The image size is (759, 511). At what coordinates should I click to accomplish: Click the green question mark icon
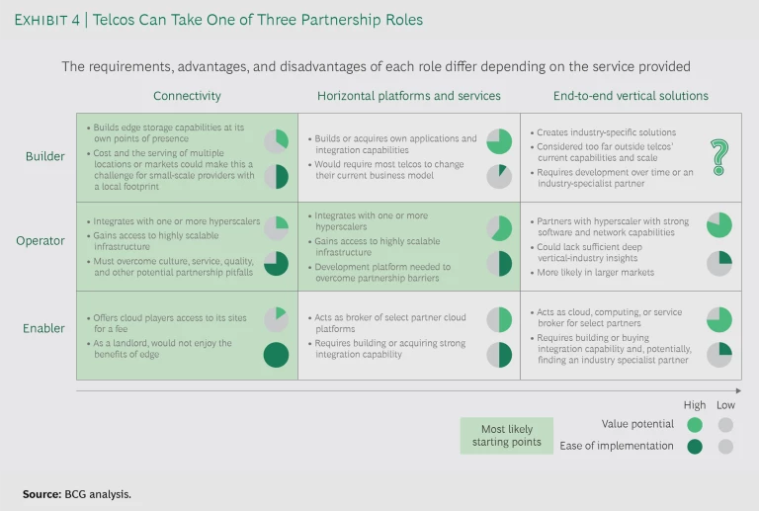pyautogui.click(x=718, y=156)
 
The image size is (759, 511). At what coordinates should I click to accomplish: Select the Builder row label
pyautogui.click(x=45, y=156)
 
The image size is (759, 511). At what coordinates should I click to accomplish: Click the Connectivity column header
pyautogui.click(x=187, y=96)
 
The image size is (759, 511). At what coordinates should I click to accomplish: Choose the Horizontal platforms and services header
pyautogui.click(x=408, y=96)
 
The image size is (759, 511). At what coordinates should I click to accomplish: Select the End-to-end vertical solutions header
pyautogui.click(x=630, y=96)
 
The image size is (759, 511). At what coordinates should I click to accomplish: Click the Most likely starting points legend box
pyautogui.click(x=506, y=435)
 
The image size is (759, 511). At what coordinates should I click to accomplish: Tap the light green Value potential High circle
pyautogui.click(x=695, y=425)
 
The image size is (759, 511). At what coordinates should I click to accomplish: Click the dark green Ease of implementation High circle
pyautogui.click(x=695, y=446)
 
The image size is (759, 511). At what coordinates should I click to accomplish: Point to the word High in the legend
pyautogui.click(x=695, y=405)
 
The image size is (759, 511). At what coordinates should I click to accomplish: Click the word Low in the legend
pyautogui.click(x=726, y=405)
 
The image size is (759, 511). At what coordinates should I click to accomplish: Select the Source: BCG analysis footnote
pyautogui.click(x=77, y=493)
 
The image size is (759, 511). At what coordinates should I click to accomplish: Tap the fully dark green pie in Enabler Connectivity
pyautogui.click(x=277, y=354)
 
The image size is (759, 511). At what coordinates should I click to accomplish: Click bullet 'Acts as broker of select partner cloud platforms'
pyautogui.click(x=392, y=323)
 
